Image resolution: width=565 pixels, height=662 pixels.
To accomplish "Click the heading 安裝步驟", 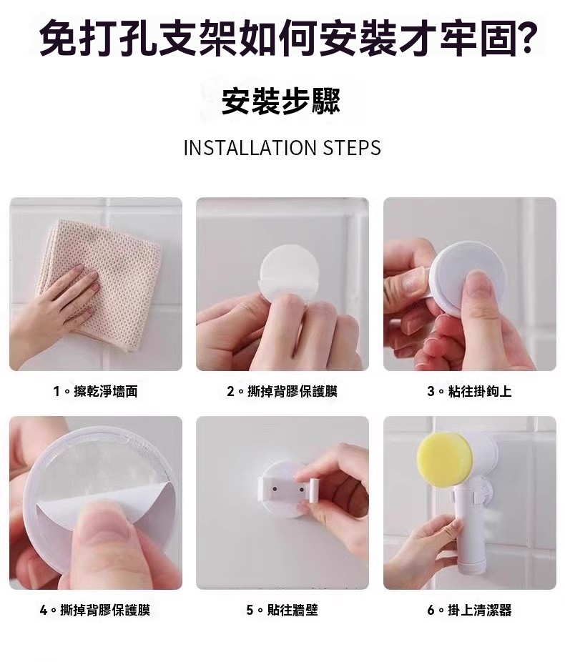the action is click(x=281, y=102).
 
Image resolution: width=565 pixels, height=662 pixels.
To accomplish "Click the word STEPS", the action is click(x=352, y=148).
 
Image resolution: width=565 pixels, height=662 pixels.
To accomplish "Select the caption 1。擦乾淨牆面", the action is click(x=96, y=391).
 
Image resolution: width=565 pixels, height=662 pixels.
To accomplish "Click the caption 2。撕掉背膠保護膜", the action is click(x=282, y=391).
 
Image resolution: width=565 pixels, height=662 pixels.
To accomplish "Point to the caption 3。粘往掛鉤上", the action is click(x=470, y=391).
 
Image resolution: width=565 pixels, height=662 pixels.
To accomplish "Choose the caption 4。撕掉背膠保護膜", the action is click(x=95, y=610).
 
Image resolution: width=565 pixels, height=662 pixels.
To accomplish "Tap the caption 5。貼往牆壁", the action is click(x=282, y=610).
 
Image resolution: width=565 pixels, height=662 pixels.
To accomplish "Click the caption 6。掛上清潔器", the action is click(x=470, y=610).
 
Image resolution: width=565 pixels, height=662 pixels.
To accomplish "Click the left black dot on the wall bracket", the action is click(x=275, y=489).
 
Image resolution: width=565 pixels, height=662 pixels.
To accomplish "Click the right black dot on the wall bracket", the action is click(x=301, y=489).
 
